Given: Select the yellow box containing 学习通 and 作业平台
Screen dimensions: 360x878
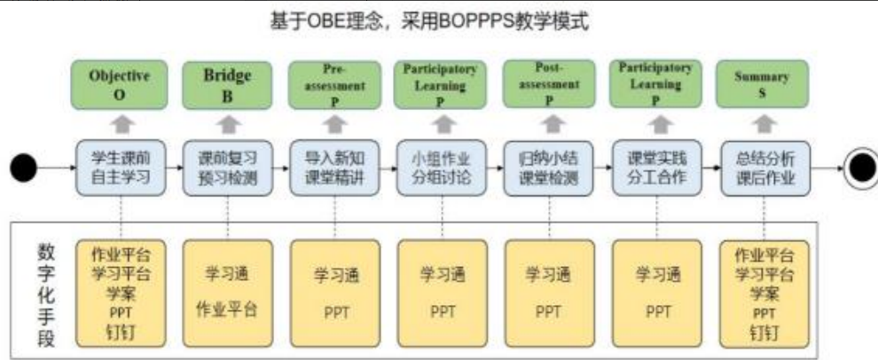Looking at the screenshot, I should click(227, 292).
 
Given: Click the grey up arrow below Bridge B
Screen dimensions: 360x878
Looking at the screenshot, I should click(228, 122).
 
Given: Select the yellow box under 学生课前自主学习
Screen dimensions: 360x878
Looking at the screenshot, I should click(120, 292).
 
